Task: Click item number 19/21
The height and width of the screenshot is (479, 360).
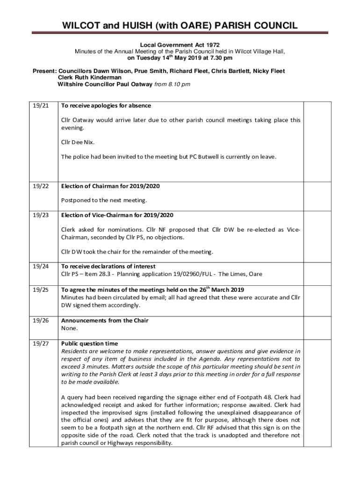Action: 41,106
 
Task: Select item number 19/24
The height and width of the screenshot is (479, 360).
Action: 41,266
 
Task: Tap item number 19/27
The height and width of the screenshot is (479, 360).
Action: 41,344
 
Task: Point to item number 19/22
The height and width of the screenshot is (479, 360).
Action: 41,186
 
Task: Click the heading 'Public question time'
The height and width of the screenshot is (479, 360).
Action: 89,344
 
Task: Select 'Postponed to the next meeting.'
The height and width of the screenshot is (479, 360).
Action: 104,200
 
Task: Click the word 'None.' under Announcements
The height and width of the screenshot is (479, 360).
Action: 69,328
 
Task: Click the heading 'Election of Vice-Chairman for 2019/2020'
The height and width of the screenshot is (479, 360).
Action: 117,215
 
